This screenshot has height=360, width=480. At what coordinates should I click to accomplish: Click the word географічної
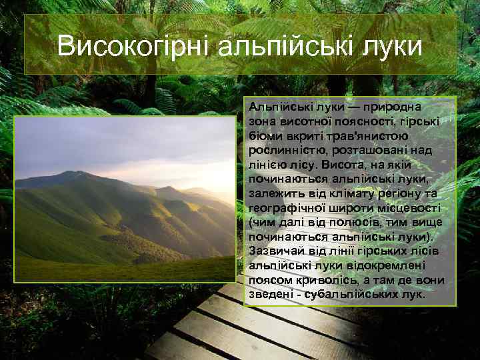point(287,208)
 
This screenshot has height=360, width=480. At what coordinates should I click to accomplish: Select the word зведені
point(269,294)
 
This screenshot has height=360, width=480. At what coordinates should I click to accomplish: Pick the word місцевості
point(405,208)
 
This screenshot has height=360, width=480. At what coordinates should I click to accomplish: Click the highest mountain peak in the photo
point(69,173)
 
